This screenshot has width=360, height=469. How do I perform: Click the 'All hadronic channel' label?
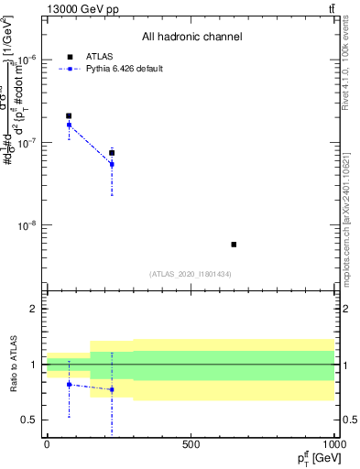pyautogui.click(x=191, y=37)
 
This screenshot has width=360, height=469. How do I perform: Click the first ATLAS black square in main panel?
pyautogui.click(x=69, y=116)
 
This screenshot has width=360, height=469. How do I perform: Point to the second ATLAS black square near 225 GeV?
pyautogui.click(x=112, y=153)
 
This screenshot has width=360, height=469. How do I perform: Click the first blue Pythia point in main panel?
pyautogui.click(x=69, y=125)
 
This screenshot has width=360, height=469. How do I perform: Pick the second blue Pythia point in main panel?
pyautogui.click(x=112, y=165)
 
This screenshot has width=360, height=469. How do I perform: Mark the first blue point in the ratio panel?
pyautogui.click(x=69, y=385)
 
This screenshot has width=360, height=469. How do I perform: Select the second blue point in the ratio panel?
pyautogui.click(x=112, y=389)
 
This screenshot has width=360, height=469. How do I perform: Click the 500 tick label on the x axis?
pyautogui.click(x=191, y=444)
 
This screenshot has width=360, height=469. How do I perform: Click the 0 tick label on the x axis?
pyautogui.click(x=47, y=444)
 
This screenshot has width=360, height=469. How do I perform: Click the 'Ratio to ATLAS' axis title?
pyautogui.click(x=12, y=364)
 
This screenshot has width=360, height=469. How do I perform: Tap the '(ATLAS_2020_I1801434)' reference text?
pyautogui.click(x=191, y=274)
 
